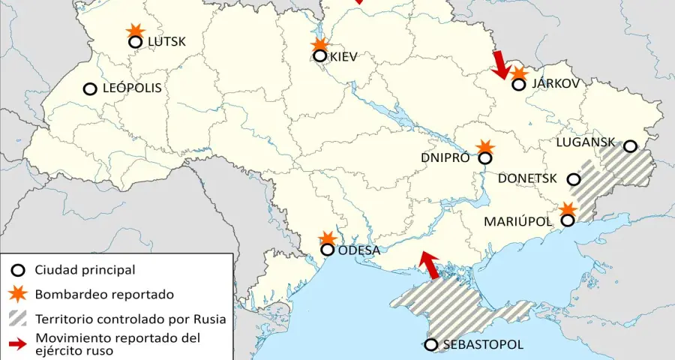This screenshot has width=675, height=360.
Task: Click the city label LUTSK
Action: [x=166, y=42]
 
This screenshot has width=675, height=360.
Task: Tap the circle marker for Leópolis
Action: [x=90, y=88]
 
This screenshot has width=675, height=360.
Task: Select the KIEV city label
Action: [x=343, y=56]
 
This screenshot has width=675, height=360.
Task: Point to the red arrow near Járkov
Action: [x=500, y=65]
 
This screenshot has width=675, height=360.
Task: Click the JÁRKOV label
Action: [x=556, y=83]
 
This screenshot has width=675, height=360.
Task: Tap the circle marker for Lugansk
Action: [x=630, y=146]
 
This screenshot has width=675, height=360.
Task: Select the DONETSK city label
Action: [x=527, y=178]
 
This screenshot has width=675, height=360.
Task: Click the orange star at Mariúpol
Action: [x=568, y=209]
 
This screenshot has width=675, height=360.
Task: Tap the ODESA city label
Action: [x=360, y=250]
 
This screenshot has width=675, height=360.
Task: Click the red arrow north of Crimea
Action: [x=429, y=265]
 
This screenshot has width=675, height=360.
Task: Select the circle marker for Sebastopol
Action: [x=431, y=345]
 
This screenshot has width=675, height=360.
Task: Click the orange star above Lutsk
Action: [x=135, y=30]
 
